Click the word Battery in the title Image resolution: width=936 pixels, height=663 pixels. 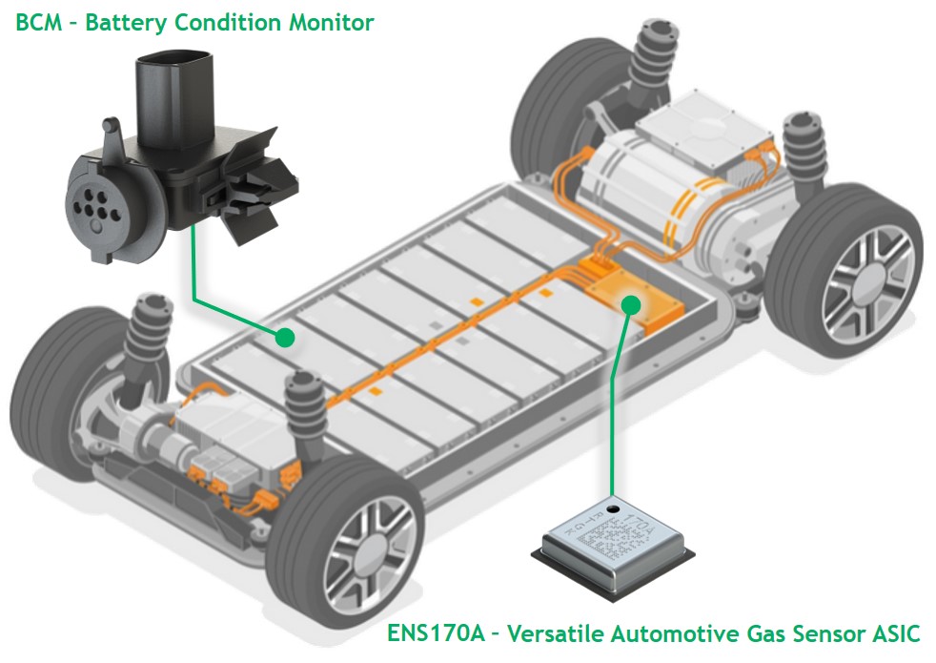(123, 23)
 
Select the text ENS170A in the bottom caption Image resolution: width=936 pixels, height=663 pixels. (437, 632)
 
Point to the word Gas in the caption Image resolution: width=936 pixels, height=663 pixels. (727, 632)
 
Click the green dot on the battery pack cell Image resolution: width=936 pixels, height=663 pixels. (283, 336)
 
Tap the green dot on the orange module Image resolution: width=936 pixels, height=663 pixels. (629, 304)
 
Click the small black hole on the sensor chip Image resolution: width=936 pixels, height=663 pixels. (612, 510)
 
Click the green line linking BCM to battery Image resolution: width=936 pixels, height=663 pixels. (194, 277)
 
